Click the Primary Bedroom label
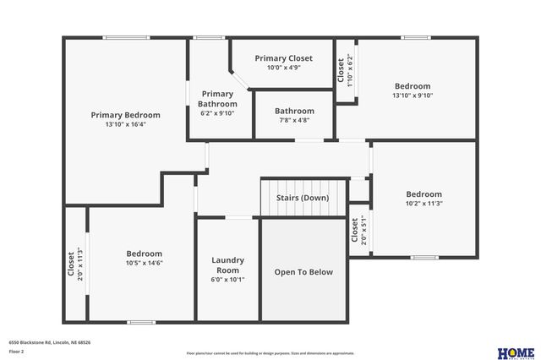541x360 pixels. (125, 115)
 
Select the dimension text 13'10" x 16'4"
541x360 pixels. (125, 124)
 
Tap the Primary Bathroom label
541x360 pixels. (216, 99)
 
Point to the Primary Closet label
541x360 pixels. (283, 58)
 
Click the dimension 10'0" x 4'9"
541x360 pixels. (283, 68)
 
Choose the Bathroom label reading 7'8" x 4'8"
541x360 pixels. (294, 111)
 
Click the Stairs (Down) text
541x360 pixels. (303, 198)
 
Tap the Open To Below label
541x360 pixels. (303, 272)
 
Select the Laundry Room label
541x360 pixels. (227, 265)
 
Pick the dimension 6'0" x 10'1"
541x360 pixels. (227, 280)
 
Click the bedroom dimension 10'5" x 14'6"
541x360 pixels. (144, 263)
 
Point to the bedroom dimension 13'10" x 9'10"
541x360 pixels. (413, 95)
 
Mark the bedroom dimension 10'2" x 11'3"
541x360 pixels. (424, 203)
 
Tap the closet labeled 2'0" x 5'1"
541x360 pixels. (358, 231)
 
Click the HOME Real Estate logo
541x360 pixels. (515, 352)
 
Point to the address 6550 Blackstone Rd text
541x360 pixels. (50, 342)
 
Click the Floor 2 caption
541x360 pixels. (17, 351)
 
